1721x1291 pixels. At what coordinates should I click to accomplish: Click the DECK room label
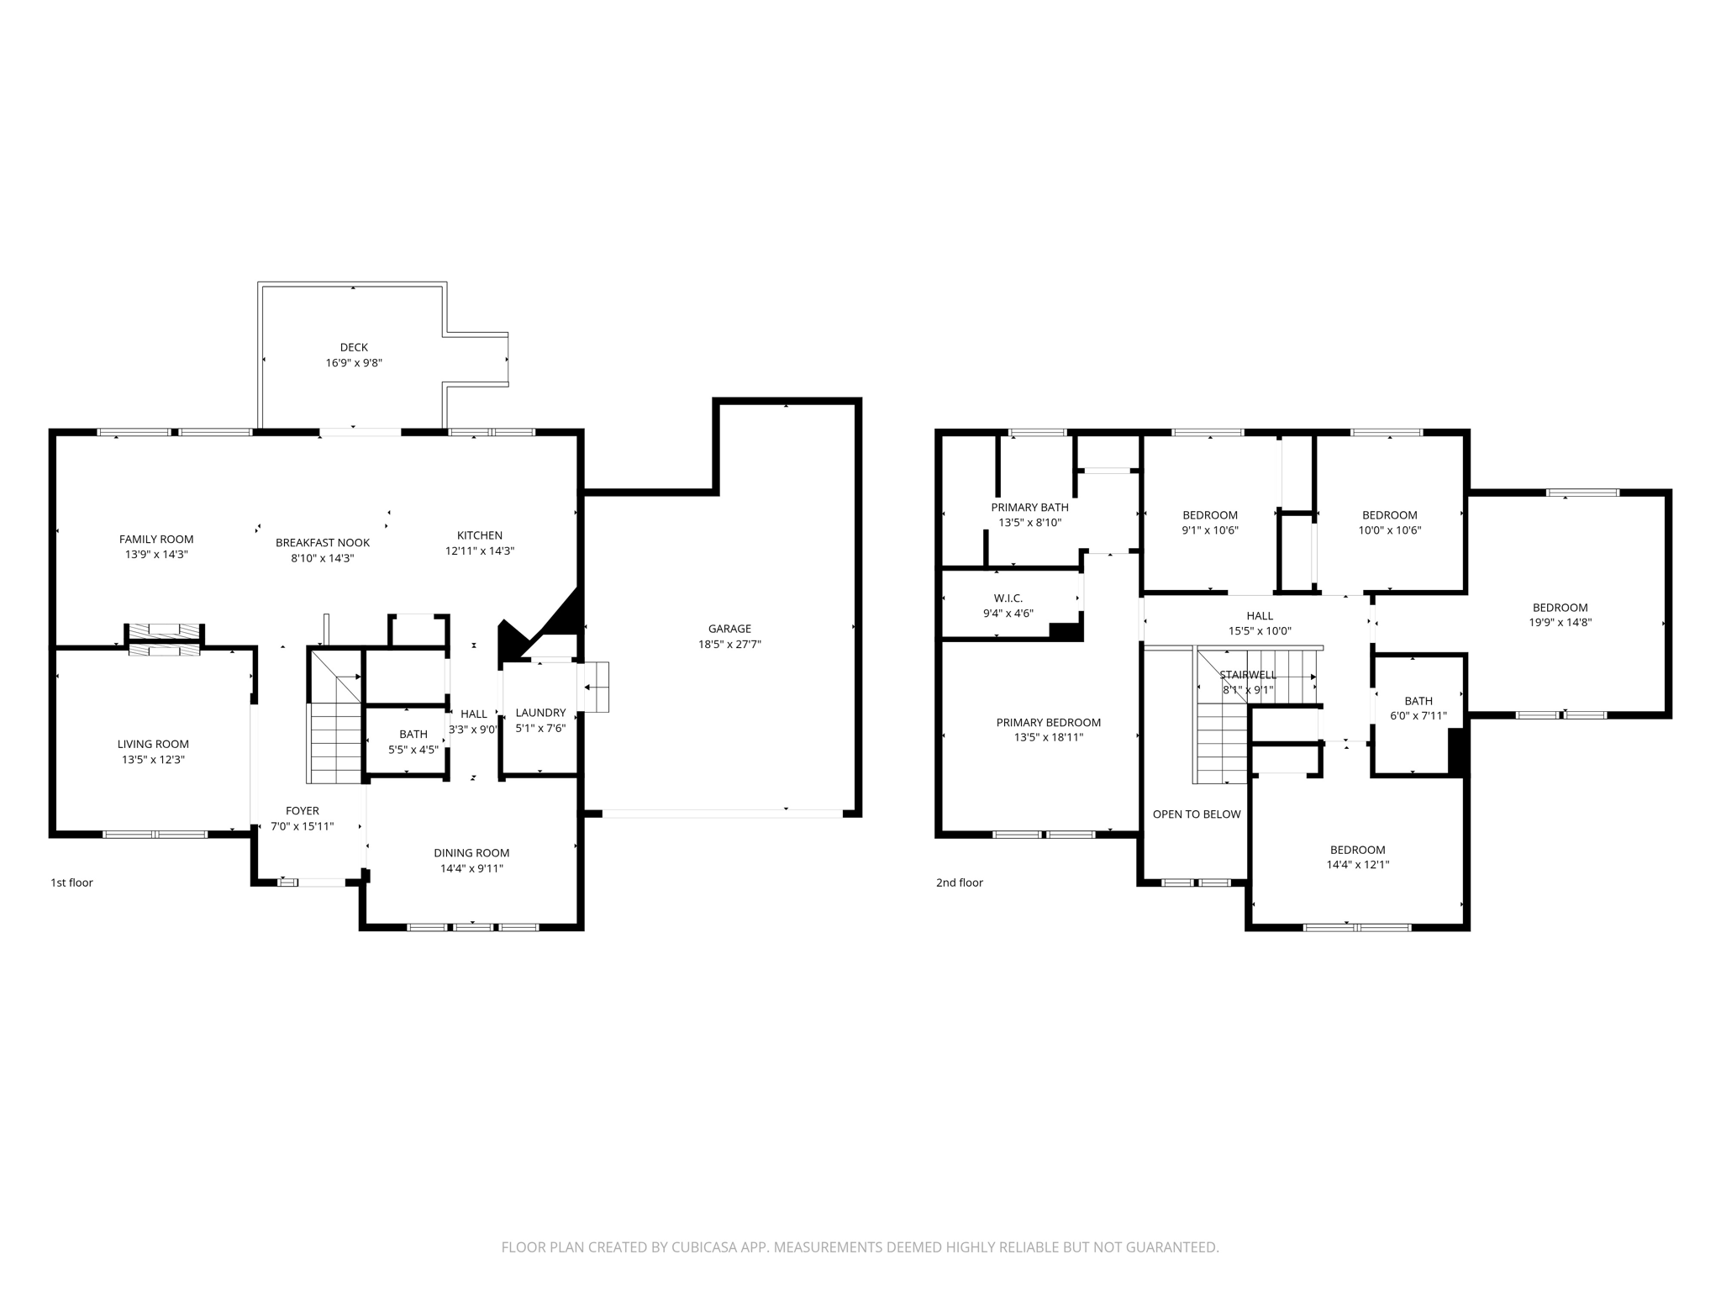[354, 347]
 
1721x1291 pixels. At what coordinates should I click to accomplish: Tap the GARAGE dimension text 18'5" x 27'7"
[729, 645]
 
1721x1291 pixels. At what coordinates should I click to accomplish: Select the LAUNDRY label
[540, 713]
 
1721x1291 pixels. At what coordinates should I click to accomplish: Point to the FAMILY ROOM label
[156, 540]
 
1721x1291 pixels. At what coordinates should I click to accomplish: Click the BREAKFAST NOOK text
[323, 543]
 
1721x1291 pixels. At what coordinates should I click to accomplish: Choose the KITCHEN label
[480, 535]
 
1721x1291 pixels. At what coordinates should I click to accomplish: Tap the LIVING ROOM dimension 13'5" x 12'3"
[153, 760]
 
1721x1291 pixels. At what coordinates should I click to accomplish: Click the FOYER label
[303, 811]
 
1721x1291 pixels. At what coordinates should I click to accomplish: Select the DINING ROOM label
[471, 853]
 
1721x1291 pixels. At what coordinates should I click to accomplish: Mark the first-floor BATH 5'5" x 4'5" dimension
[413, 750]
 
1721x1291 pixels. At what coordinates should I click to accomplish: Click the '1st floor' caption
[72, 883]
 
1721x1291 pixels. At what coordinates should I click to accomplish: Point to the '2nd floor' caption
[960, 883]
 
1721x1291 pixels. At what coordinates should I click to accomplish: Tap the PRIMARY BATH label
[1029, 508]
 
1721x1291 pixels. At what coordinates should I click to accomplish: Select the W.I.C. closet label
[1008, 598]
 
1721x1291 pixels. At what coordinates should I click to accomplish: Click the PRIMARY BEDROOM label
[1048, 723]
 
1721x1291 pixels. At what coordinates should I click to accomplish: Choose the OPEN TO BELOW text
[1197, 814]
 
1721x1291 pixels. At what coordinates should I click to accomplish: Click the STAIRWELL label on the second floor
[1248, 675]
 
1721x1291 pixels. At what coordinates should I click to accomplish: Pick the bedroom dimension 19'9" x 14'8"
[1560, 623]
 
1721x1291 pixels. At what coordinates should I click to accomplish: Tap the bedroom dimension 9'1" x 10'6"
[1210, 530]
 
